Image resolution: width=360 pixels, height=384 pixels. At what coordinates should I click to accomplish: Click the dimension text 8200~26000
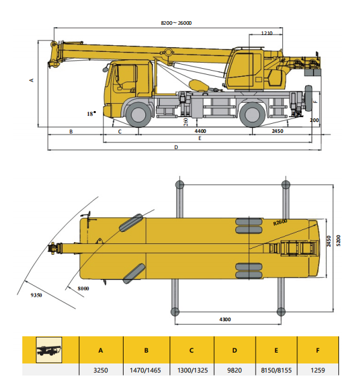point(176,23)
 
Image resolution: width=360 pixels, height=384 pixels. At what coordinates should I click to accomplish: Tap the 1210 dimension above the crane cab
point(268,34)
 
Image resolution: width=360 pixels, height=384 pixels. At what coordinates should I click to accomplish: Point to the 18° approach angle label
point(91,114)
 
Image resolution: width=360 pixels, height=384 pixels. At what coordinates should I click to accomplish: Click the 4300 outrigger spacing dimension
point(226,319)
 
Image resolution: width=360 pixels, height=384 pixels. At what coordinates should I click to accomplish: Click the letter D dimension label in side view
point(176,147)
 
